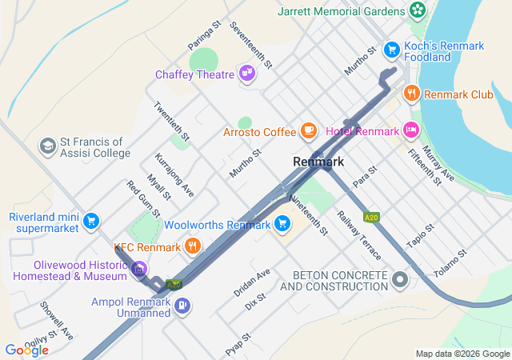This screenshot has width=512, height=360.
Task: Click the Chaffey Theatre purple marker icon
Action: (248, 74)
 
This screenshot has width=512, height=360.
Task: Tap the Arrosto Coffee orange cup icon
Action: (309, 130)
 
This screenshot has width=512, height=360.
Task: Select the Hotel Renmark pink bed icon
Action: (411, 130)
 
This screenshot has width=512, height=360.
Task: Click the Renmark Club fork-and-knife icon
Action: (411, 94)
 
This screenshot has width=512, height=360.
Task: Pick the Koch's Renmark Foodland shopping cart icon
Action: (391, 50)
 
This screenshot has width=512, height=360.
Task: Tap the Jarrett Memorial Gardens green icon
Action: (417, 10)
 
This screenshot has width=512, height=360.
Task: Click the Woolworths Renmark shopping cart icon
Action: (282, 224)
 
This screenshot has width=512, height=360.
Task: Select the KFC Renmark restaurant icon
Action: (192, 246)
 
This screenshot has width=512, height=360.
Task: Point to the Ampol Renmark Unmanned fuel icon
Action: (183, 304)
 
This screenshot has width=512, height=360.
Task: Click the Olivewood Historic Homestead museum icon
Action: (139, 270)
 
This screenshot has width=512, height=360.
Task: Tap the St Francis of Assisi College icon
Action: (47, 146)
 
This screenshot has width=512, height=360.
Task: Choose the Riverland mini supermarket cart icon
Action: (91, 221)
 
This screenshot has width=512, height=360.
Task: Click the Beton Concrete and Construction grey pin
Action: (399, 279)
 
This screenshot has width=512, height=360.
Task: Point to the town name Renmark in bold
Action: (318, 162)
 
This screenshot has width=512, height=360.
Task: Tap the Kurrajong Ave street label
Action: (174, 174)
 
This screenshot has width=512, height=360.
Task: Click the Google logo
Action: (26, 350)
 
